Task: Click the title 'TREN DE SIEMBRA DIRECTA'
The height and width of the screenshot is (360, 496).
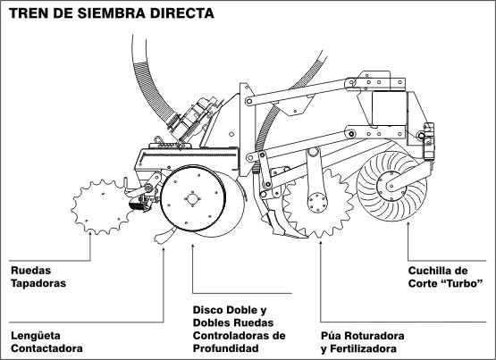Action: pyautogui.click(x=112, y=13)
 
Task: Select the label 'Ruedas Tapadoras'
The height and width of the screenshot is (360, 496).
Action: pyautogui.click(x=38, y=277)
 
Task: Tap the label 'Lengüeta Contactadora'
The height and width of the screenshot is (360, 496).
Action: pyautogui.click(x=46, y=342)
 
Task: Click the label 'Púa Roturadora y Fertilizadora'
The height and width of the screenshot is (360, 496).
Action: pyautogui.click(x=363, y=342)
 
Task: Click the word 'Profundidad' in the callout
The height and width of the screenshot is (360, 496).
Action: pyautogui.click(x=226, y=348)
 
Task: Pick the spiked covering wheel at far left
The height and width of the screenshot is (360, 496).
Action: pyautogui.click(x=102, y=206)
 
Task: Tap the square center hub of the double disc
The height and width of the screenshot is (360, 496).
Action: pyautogui.click(x=192, y=199)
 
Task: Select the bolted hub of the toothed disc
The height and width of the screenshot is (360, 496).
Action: pyautogui.click(x=317, y=202)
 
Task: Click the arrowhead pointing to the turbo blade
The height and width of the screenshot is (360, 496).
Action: pyautogui.click(x=408, y=224)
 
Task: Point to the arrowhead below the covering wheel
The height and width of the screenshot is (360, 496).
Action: pyautogui.click(x=90, y=234)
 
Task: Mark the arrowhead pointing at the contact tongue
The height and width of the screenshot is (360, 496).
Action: pyautogui.click(x=164, y=249)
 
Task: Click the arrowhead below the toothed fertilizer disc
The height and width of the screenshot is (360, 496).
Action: pyautogui.click(x=321, y=243)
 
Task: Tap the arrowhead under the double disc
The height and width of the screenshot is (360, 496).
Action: pyautogui.click(x=193, y=246)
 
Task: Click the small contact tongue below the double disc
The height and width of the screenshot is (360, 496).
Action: pyautogui.click(x=164, y=236)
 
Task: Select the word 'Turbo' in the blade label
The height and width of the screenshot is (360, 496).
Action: pyautogui.click(x=465, y=283)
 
